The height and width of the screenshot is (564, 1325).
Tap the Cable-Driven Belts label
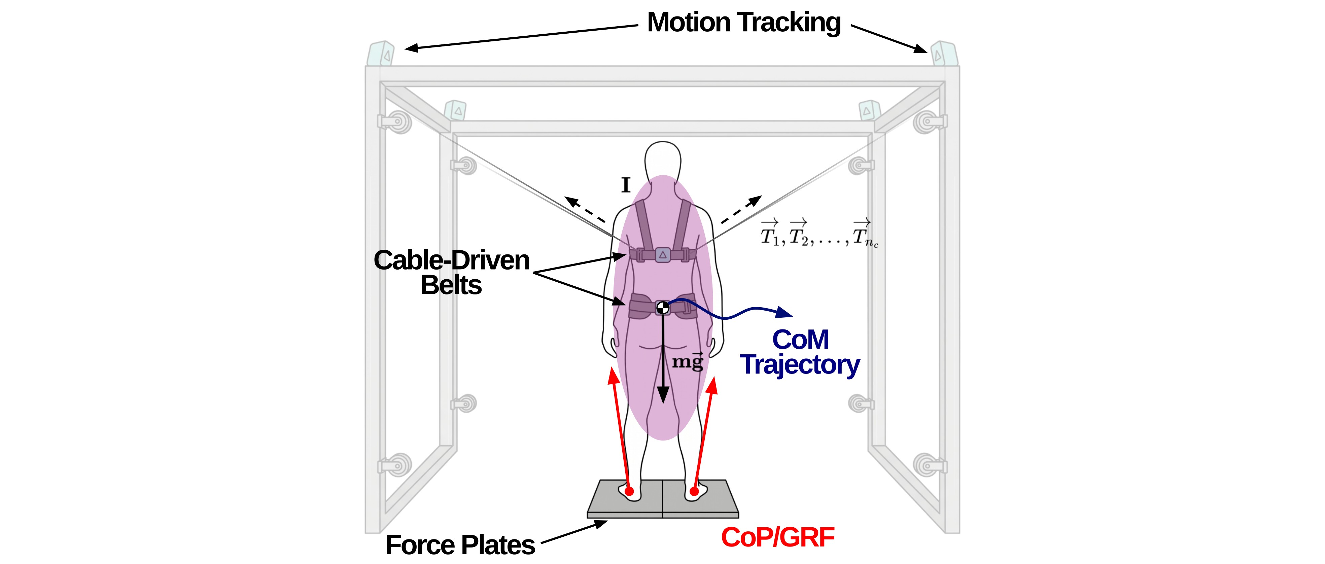click(x=452, y=272)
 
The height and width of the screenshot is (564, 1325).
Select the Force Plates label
click(x=460, y=545)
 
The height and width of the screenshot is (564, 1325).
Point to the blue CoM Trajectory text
click(x=800, y=353)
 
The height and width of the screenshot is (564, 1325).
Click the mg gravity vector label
click(x=688, y=361)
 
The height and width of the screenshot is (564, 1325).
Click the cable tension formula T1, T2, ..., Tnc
click(x=820, y=234)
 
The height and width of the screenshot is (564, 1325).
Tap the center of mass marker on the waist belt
click(x=663, y=308)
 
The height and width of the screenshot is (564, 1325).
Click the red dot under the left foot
click(x=629, y=492)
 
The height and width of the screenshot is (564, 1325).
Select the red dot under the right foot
click(x=694, y=492)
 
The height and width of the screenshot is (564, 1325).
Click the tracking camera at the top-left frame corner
click(x=381, y=54)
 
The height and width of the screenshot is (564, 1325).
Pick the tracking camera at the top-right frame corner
click(x=944, y=54)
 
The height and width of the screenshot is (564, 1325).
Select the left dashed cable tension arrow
click(x=585, y=209)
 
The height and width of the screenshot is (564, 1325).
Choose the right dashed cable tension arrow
click(x=741, y=209)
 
